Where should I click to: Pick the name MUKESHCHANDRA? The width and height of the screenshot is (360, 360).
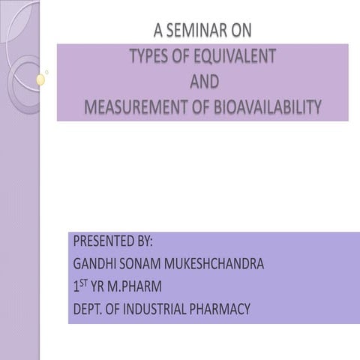(x=217, y=264)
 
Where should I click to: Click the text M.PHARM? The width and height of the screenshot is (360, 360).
(x=135, y=286)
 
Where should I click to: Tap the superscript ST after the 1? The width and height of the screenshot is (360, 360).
(x=84, y=283)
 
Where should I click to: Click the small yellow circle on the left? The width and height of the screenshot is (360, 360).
(x=41, y=79)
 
